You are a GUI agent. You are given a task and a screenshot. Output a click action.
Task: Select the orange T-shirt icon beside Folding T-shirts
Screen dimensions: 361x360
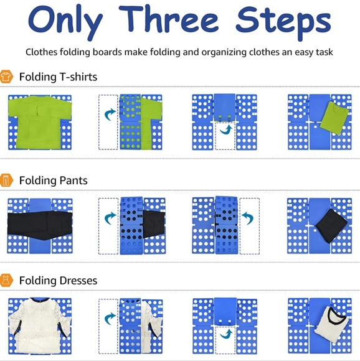pos(7,77)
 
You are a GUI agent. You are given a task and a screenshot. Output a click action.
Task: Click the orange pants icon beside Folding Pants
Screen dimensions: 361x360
pos(7,180)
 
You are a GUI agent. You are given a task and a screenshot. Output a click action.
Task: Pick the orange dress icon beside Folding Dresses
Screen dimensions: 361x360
pos(7,281)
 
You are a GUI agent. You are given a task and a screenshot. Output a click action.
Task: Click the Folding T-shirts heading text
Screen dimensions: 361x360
pos(58,77)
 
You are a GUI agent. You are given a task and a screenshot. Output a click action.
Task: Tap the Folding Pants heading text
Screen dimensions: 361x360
pos(53,180)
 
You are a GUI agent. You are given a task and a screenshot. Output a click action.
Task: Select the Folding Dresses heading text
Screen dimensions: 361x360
pos(58,281)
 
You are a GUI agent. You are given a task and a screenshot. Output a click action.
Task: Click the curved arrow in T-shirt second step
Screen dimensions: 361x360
pos(110,115)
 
